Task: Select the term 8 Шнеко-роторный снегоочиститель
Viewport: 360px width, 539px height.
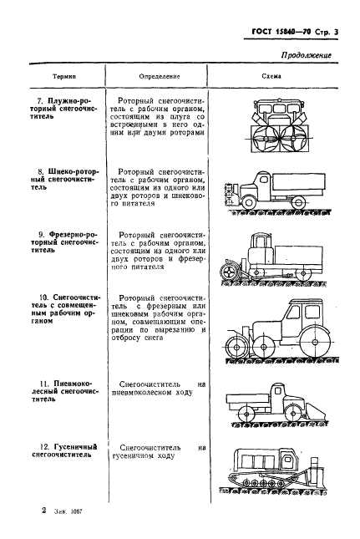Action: tap(60, 176)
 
